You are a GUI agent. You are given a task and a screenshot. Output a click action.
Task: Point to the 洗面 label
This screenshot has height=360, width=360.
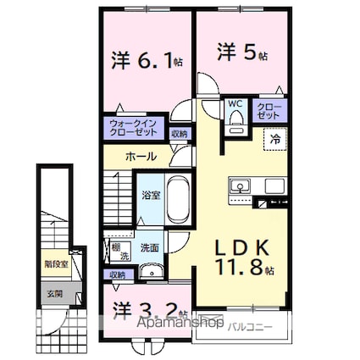tap(150, 248)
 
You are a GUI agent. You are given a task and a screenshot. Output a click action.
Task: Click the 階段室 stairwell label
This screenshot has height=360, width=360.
tap(53, 263)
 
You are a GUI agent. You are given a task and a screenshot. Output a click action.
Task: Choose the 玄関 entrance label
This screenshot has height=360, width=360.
tap(53, 293)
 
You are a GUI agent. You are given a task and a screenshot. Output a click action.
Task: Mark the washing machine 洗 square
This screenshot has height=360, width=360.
tap(120, 252)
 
